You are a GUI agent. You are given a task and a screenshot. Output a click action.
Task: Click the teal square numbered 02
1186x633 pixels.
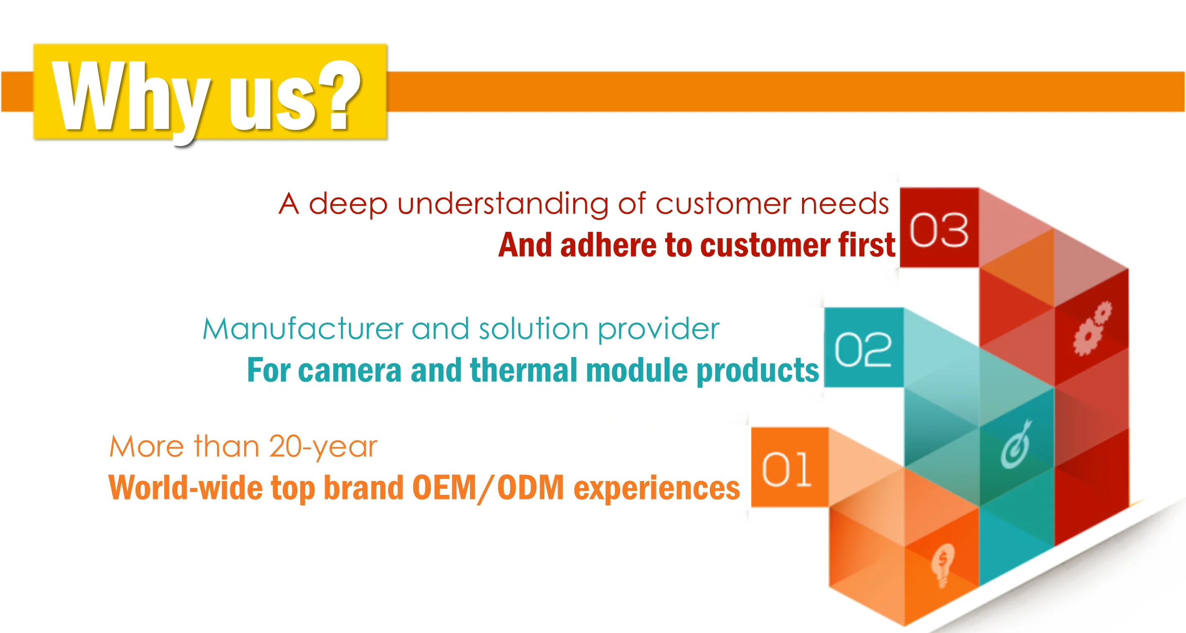pyautogui.click(x=864, y=347)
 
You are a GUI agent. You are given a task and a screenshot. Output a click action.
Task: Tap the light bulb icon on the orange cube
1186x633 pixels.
pyautogui.click(x=943, y=565)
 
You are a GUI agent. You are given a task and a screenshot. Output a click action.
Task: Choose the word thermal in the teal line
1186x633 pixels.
pyautogui.click(x=523, y=370)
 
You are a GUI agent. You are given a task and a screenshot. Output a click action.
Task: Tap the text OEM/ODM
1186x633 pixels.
pyautogui.click(x=488, y=488)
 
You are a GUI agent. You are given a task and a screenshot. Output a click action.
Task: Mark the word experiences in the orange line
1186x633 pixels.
pyautogui.click(x=656, y=489)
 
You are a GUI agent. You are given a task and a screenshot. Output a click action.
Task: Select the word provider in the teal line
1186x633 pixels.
pyautogui.click(x=658, y=330)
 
